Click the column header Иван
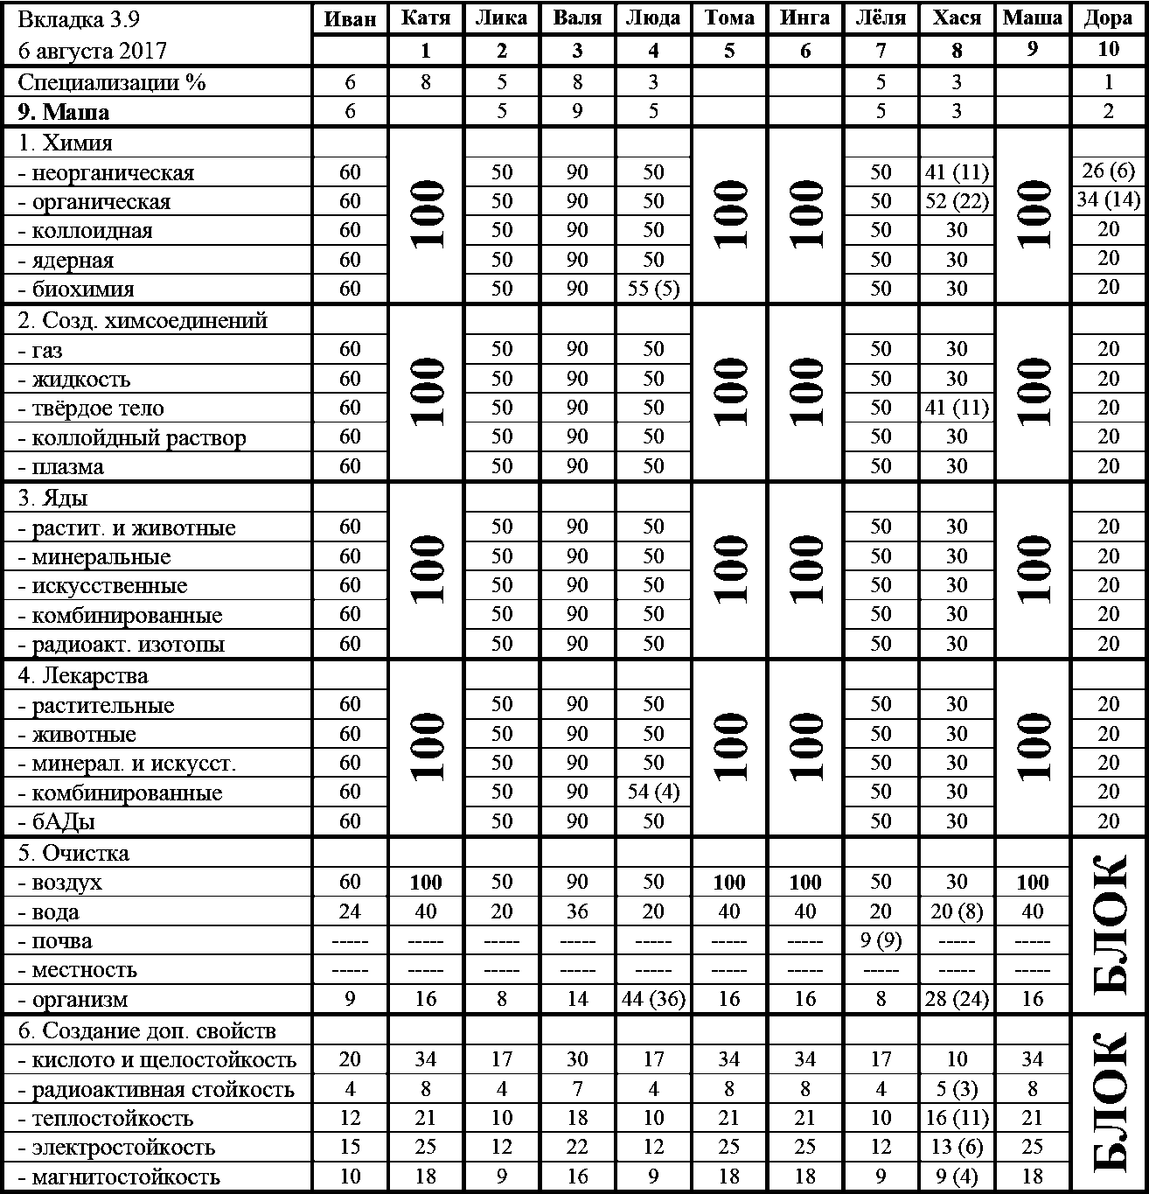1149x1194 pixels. point(350,19)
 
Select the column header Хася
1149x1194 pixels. point(957,19)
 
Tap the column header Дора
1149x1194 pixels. point(1109,19)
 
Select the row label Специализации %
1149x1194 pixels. point(112,82)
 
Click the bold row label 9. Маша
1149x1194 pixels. point(64,112)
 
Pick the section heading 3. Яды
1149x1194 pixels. point(52,498)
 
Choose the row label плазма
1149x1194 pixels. point(61,467)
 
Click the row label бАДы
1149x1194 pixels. point(58,821)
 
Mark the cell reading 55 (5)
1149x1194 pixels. point(653,289)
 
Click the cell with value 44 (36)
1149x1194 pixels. point(653,999)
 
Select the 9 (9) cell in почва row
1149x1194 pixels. point(881,941)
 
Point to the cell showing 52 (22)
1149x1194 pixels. point(957,201)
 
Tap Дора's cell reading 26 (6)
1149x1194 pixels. point(1109,171)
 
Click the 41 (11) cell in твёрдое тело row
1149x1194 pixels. point(957,408)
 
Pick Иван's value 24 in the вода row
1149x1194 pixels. point(350,911)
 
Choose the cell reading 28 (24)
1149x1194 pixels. point(957,999)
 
